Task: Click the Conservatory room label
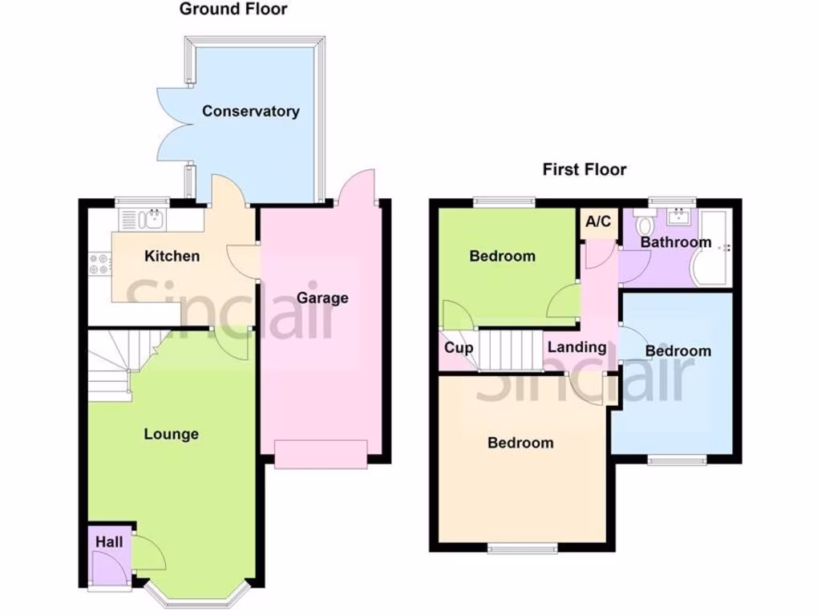(x=250, y=111)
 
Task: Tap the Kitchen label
(x=172, y=257)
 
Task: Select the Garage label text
(x=322, y=298)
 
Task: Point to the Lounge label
(x=171, y=435)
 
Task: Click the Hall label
(x=109, y=543)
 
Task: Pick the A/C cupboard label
(x=598, y=222)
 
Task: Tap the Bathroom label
(x=675, y=242)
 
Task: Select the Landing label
(x=576, y=347)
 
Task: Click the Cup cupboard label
(x=459, y=349)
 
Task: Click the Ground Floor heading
(x=233, y=10)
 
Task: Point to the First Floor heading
(x=584, y=169)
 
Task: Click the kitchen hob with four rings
(x=99, y=264)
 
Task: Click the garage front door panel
(x=321, y=453)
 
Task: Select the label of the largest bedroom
(x=520, y=443)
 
